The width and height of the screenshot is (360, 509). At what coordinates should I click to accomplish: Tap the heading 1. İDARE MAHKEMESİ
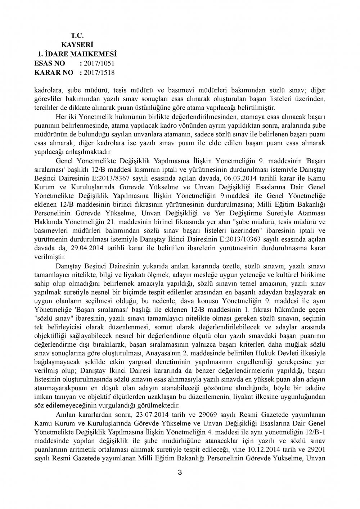pos(77,54)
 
